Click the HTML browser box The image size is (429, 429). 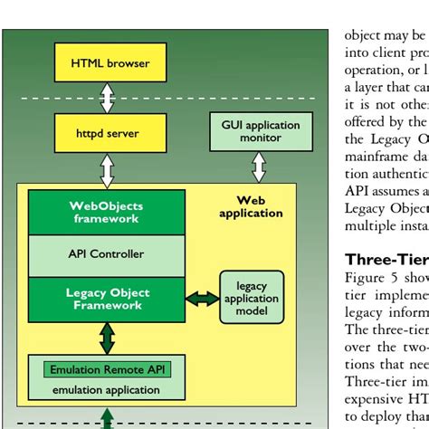point(110,63)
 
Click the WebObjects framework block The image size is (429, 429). point(106,212)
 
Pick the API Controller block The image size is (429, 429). point(106,254)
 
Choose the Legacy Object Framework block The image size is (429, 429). point(106,299)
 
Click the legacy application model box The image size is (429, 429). point(245,298)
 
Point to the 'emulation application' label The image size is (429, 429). point(106,390)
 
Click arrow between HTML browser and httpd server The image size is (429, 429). point(108,97)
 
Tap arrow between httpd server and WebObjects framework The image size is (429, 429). point(108,169)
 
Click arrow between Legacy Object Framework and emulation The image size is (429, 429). point(108,337)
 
